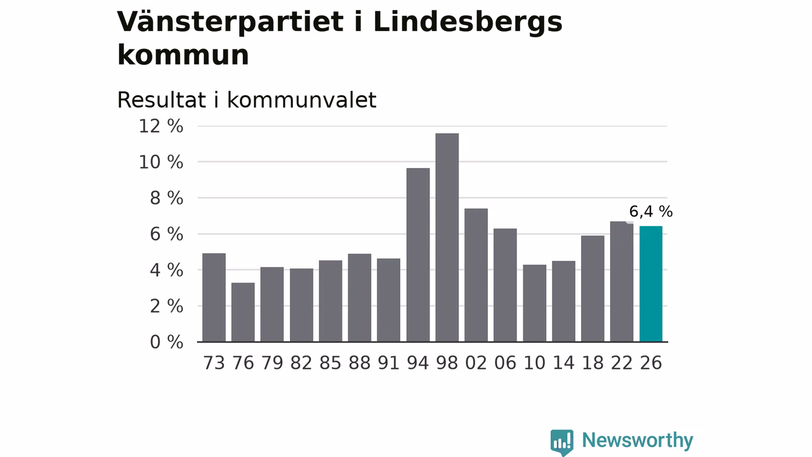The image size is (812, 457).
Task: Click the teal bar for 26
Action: coord(651,284)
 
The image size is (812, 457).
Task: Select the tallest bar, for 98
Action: coord(447,237)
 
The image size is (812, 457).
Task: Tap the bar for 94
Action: coord(418,255)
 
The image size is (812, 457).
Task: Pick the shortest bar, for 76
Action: coord(243,312)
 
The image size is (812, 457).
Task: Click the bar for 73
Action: coord(214,298)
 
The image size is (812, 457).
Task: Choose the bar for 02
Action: coord(476,275)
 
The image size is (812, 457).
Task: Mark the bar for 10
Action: coord(534,303)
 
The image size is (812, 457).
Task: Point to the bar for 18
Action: coord(593,289)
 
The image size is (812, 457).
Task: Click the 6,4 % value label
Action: coord(651,211)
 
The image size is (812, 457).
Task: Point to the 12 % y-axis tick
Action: coord(161,126)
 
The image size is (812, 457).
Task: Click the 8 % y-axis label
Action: coord(166,198)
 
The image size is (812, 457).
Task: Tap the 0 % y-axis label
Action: coord(166,342)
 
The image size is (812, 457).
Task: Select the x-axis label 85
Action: coord(331,362)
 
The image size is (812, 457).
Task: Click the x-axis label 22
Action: coord(622,362)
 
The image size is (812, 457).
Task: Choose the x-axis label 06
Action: coord(505,362)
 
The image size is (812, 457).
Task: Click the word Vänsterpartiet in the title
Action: coord(230,22)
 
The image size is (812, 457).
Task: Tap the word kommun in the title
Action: coord(183,55)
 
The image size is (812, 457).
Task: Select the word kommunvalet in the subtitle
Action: coord(301,100)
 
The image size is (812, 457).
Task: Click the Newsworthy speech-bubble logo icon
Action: coord(562,442)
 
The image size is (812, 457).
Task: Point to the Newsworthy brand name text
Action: coord(638,440)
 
